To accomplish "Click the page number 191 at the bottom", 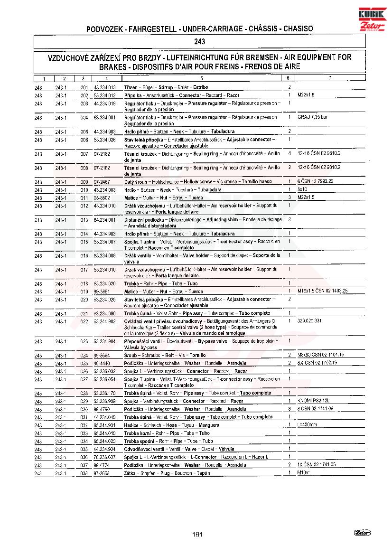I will (198, 534).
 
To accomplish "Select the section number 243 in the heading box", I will (200, 42).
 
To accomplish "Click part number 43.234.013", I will (105, 87).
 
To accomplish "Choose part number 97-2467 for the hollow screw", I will (102, 182).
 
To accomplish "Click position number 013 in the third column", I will (84, 220).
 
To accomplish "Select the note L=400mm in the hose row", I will (308, 425).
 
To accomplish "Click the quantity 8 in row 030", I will (289, 409).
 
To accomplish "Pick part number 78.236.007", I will (105, 457).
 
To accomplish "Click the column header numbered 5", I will (201, 78).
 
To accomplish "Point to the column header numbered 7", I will (329, 78).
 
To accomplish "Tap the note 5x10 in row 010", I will (302, 190).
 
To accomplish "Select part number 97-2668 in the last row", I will (102, 473).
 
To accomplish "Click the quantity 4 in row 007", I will (289, 154).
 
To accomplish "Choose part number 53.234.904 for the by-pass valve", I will (105, 342).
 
